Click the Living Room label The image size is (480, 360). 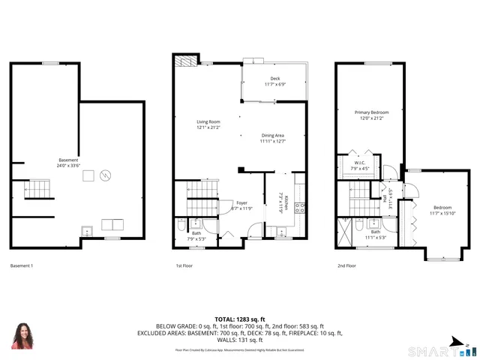click(208, 121)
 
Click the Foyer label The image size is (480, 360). click(241, 202)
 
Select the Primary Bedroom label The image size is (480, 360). click(371, 112)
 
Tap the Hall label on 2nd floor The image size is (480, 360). click(385, 199)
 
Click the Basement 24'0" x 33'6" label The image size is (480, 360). click(68, 160)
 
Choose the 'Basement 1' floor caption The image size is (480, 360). click(22, 265)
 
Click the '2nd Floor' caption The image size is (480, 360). click(346, 265)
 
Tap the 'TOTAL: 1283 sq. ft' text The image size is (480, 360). click(239, 319)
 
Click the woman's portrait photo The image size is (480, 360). click(22, 335)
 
